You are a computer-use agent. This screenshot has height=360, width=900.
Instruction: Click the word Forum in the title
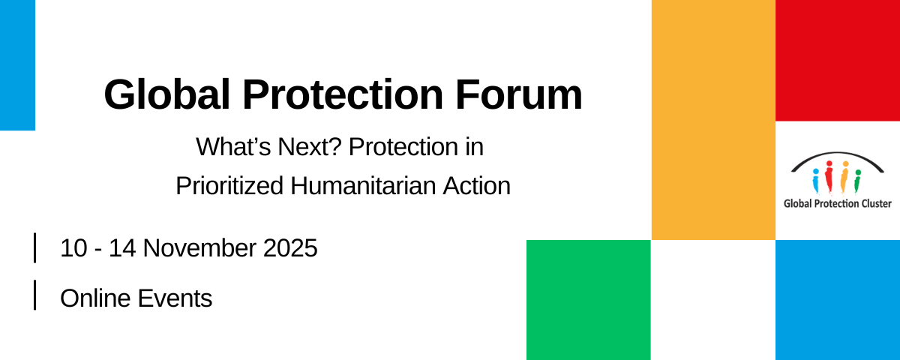tap(519, 94)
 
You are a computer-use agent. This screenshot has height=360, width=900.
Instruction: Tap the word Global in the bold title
tap(166, 94)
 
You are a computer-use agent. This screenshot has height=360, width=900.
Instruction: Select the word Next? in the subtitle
tap(309, 147)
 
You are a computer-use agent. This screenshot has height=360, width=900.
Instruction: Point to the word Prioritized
tap(229, 186)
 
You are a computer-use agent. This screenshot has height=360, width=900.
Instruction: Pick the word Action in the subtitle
tap(476, 186)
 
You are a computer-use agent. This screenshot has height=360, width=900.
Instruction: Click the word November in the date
tap(199, 248)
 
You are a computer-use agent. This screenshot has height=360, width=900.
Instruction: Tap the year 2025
tap(290, 248)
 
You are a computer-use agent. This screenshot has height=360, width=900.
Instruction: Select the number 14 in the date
tap(122, 248)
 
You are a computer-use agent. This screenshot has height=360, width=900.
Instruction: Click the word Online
tap(95, 298)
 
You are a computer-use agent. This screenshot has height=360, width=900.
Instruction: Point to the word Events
tap(175, 298)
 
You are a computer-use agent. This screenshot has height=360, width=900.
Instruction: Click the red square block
tap(838, 60)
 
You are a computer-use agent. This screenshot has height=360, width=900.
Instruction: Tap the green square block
tap(589, 300)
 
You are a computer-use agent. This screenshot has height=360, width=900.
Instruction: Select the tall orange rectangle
tap(713, 120)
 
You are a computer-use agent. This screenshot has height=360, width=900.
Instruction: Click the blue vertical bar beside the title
tap(18, 65)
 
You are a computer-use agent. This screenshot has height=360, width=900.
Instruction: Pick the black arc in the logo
tap(837, 154)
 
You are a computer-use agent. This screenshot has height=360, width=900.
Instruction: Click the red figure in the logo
tap(829, 177)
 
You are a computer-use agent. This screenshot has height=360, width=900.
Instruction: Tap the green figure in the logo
tap(857, 181)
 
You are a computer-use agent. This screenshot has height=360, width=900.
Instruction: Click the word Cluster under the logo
tap(875, 204)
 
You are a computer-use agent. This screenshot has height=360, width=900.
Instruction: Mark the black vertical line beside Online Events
tap(35, 295)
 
